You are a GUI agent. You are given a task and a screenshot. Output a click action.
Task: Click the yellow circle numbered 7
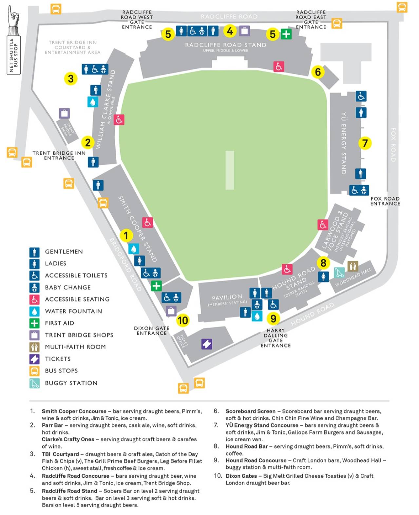click(365, 143)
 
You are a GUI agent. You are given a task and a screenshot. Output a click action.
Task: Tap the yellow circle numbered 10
click(183, 320)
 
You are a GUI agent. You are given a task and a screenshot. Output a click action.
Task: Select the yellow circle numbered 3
click(71, 79)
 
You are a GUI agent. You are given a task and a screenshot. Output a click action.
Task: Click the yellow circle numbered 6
click(317, 72)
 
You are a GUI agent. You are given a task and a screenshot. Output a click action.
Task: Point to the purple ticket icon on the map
click(207, 344)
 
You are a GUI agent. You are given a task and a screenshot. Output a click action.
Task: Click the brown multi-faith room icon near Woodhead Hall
click(352, 266)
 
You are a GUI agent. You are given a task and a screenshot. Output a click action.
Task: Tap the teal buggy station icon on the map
click(339, 273)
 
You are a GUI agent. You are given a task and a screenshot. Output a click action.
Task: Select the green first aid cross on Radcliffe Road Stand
click(286, 34)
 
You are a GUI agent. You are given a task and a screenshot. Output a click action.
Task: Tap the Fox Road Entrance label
click(385, 201)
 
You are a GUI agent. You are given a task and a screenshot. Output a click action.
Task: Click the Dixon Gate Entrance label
click(152, 331)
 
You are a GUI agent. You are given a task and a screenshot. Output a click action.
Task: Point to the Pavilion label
click(227, 297)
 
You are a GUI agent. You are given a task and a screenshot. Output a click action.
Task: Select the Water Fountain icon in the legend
click(34, 311)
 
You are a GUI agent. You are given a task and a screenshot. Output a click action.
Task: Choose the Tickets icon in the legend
click(34, 359)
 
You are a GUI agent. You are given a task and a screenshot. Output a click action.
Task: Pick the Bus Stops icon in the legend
click(34, 371)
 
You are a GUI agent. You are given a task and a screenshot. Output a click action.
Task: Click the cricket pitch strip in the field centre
click(230, 170)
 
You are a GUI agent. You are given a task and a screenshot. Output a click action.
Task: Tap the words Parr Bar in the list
click(52, 425)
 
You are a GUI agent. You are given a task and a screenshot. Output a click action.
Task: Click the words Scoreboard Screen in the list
click(250, 411)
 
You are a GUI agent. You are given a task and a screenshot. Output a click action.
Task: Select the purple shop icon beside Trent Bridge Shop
click(64, 113)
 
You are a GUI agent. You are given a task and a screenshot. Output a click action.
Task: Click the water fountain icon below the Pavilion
click(257, 316)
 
